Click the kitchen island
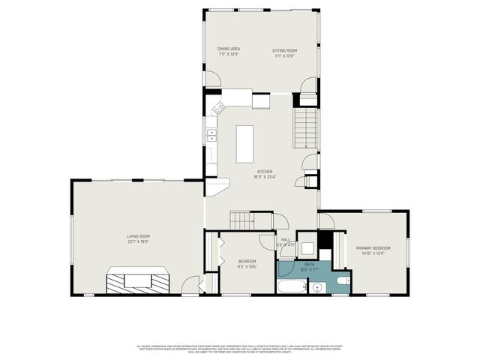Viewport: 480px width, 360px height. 245,144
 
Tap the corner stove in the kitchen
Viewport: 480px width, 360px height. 218,109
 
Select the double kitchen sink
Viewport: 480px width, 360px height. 211,136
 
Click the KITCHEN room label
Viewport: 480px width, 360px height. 264,172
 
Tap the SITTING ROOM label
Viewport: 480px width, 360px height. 284,50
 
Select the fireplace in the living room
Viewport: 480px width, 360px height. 138,281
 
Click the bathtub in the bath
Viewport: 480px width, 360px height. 292,286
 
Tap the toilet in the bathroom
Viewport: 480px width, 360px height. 341,281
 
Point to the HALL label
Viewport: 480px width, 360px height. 285,240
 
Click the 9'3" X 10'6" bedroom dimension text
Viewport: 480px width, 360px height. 247,266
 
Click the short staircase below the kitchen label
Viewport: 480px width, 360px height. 241,220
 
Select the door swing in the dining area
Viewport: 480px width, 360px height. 212,79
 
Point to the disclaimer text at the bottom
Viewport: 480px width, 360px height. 240,348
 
